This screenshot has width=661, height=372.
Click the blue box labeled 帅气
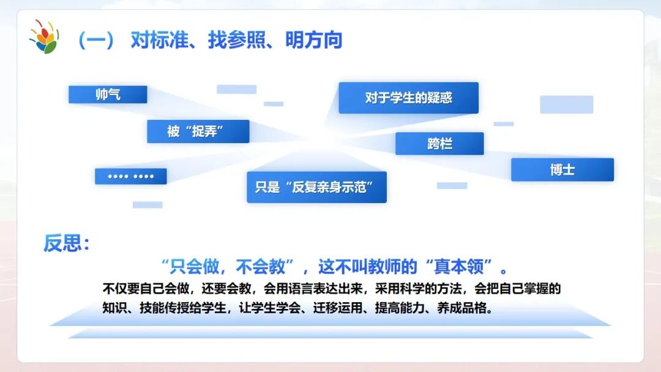[x=108, y=94]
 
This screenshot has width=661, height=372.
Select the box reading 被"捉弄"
[x=198, y=131]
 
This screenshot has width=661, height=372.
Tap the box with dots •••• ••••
[x=130, y=176]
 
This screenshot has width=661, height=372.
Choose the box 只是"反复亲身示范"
[x=316, y=187]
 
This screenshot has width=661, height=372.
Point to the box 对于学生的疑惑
[x=408, y=98]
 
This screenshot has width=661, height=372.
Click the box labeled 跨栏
[x=439, y=144]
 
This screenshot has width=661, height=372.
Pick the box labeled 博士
[x=562, y=169]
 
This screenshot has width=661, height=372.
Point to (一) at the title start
[x=96, y=40]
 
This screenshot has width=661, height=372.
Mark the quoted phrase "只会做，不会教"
[x=233, y=267]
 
